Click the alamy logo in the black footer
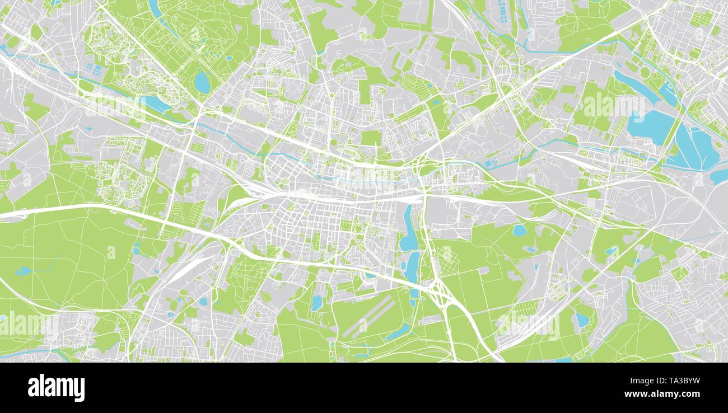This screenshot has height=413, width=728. click(56, 388)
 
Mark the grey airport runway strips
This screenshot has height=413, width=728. click(368, 317)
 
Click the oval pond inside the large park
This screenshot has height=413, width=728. click(202, 82)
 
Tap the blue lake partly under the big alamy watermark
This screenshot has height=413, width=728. click(650, 125)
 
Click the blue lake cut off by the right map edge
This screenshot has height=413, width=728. click(719, 176)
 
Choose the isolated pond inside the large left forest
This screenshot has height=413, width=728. click(23, 271)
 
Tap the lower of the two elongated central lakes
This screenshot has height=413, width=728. click(413, 267)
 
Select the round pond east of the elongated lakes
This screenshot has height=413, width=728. click(519, 230)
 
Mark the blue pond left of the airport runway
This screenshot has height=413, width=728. click(316, 303)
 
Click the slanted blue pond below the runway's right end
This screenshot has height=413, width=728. click(398, 332)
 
